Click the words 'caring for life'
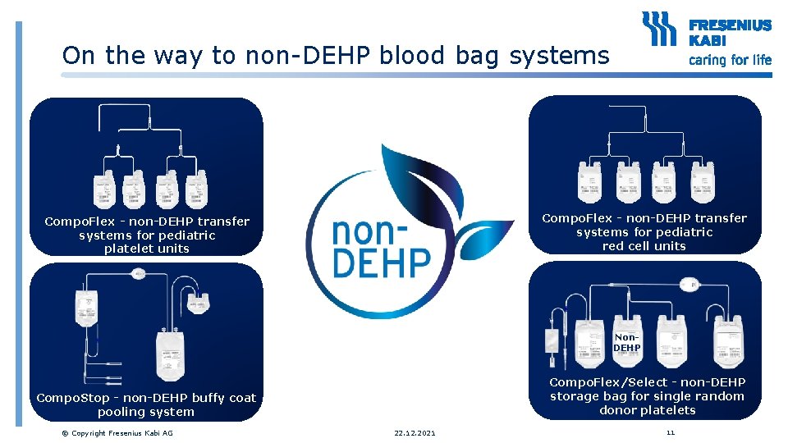pos(730,59)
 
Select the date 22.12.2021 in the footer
pos(415,432)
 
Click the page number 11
pos(671,432)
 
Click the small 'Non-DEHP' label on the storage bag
pos(626,342)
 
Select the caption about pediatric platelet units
pos(147,235)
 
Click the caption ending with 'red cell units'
pos(644,232)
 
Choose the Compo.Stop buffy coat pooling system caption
pos(146,404)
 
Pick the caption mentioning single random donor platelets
pos(647,396)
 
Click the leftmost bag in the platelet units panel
pos(104,191)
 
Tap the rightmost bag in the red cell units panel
pos(703,182)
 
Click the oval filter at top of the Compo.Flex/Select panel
pos(689,286)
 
